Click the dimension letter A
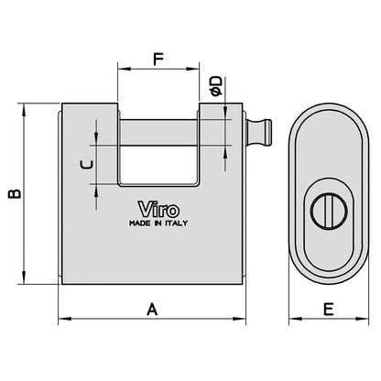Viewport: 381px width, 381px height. click(153, 310)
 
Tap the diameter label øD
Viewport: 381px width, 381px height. click(215, 86)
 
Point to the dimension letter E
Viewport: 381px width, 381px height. click(327, 310)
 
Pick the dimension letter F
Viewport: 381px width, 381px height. click(158, 60)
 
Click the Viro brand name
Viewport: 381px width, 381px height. click(152, 207)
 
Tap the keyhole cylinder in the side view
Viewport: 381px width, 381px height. click(326, 210)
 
